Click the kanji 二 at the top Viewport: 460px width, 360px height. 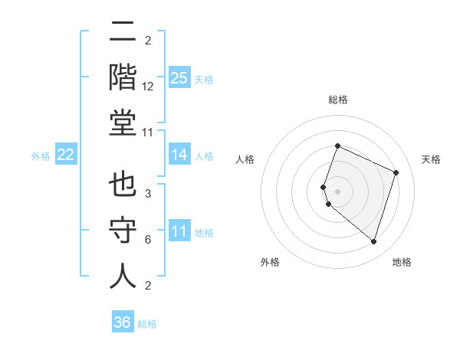pos(123,34)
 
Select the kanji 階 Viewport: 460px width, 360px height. pos(123,78)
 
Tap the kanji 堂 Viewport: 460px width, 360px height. pos(123,123)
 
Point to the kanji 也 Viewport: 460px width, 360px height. pos(123,186)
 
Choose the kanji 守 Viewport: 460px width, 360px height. pos(123,231)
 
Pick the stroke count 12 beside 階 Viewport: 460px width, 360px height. pos(148,87)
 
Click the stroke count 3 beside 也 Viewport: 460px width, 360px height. pos(147,195)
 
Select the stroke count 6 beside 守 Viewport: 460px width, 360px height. pos(147,240)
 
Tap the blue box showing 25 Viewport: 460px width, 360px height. pos(179,78)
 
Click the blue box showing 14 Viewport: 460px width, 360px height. pos(179,155)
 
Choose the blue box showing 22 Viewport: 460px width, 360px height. pos(66,155)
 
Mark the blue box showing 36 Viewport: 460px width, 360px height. pos(123,322)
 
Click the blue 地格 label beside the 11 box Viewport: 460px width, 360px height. pos(204,232)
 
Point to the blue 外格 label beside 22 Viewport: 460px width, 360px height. pos(41,156)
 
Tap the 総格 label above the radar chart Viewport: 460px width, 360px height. pos(337,100)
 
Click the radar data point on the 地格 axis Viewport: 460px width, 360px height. pos(373,241)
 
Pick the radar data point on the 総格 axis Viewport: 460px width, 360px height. pos(337,146)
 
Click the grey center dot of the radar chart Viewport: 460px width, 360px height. pos(337,190)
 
